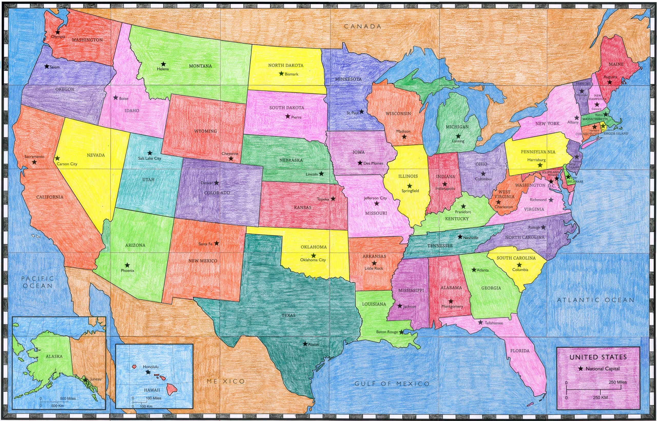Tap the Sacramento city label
(x=34, y=157)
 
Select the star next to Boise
(x=115, y=98)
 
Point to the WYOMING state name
(x=206, y=131)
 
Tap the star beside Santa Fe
(x=216, y=243)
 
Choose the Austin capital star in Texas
(x=305, y=344)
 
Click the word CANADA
(x=363, y=26)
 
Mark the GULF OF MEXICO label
(x=392, y=384)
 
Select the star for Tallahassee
(x=480, y=323)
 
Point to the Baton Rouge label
(x=387, y=332)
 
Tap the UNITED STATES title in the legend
(x=598, y=357)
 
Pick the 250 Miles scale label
(x=618, y=382)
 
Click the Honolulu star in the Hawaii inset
(x=148, y=372)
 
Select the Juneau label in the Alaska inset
(x=96, y=379)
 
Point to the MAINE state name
(x=616, y=64)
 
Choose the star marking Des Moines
(x=360, y=163)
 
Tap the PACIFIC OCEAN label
(x=38, y=282)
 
